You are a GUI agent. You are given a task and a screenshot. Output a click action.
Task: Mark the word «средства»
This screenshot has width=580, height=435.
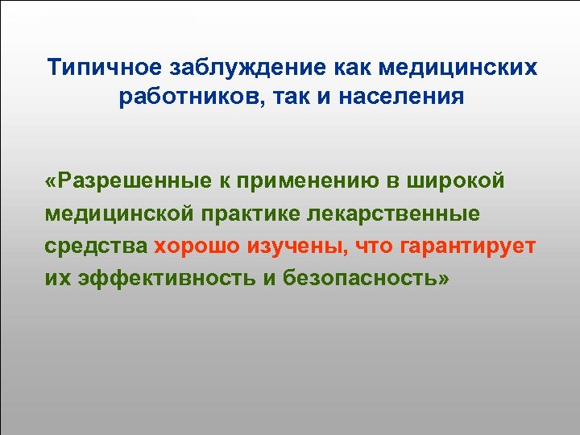tap(96, 246)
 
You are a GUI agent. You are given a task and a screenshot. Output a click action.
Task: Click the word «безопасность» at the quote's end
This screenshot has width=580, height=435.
tap(362, 280)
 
